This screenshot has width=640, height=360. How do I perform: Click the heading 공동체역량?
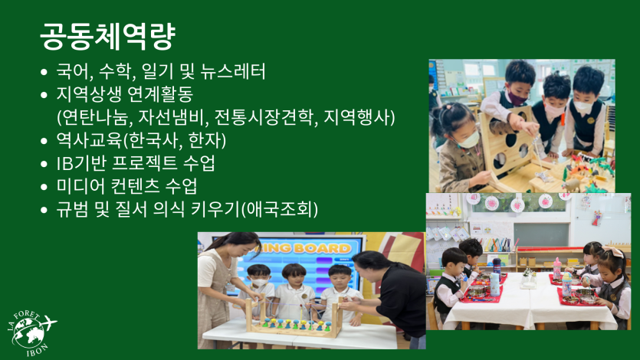pos(108,36)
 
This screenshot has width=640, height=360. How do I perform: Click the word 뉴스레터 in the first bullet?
pos(233,72)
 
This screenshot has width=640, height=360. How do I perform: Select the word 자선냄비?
pos(171,117)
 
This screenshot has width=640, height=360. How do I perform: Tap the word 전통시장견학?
pos(266,117)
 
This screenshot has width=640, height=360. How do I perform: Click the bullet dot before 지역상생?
pos(44,95)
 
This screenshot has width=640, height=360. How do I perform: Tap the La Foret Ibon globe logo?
pos(31,333)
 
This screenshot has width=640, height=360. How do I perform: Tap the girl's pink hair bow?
pos(612,250)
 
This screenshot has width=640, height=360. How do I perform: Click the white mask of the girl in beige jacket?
pos(468,140)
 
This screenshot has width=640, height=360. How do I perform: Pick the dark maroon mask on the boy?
pos(517,98)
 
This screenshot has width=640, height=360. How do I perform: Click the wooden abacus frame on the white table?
pos(294,317)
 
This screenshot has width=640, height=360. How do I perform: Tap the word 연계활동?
pos(160,94)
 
